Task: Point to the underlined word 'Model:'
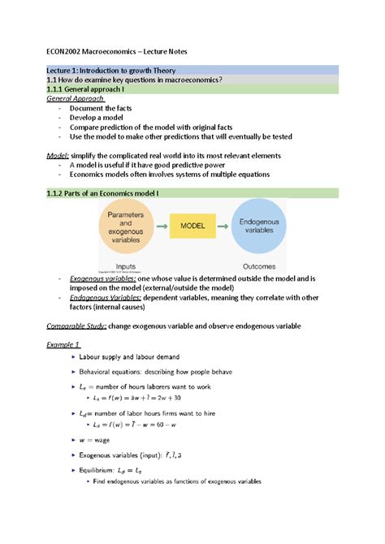(58, 155)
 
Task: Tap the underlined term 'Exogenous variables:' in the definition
(103, 278)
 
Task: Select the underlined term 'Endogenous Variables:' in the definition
(106, 297)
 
